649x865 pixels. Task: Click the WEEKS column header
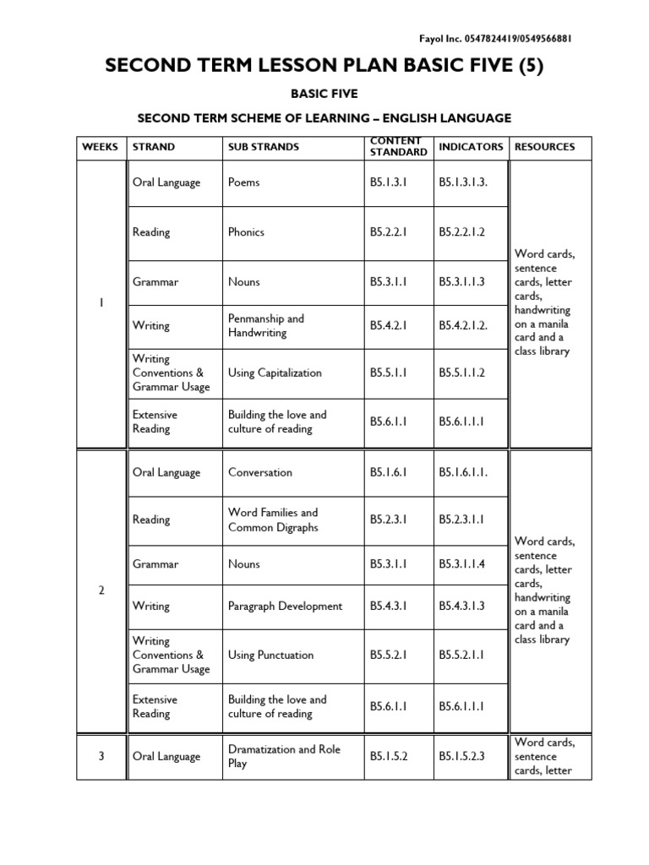101,147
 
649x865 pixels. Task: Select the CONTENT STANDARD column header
398,147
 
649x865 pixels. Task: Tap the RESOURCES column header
544,147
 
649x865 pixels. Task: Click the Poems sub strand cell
244,182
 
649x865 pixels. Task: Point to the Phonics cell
246,232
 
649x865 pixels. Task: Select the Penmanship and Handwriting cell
265,326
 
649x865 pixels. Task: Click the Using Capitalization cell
275,373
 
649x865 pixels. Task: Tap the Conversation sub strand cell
260,473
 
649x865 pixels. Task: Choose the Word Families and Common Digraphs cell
273,520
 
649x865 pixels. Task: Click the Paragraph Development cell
285,607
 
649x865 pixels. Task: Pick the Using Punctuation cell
270,655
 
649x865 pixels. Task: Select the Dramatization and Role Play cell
284,757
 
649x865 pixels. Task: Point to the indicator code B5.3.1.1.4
462,564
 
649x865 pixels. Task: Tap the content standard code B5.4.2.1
389,326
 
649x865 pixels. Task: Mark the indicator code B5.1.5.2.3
462,757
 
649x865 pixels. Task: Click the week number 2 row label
101,590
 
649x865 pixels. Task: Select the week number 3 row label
101,757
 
